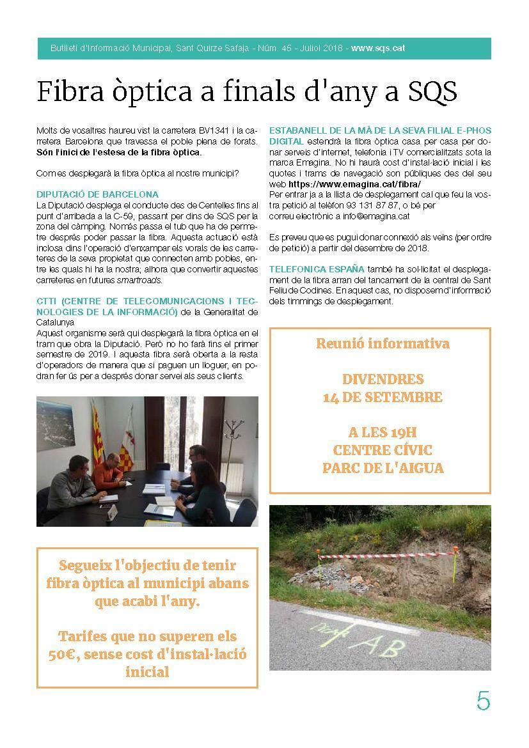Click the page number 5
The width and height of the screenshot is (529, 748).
click(483, 701)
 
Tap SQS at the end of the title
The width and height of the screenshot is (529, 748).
click(432, 91)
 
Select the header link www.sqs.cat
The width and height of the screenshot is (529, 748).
click(377, 48)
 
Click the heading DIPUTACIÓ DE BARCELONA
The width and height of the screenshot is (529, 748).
click(98, 194)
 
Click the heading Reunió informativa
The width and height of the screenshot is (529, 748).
click(382, 343)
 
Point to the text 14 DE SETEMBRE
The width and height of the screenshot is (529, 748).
click(382, 397)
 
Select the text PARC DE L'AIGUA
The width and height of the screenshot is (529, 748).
click(382, 467)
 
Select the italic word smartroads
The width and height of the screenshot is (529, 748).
click(139, 280)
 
